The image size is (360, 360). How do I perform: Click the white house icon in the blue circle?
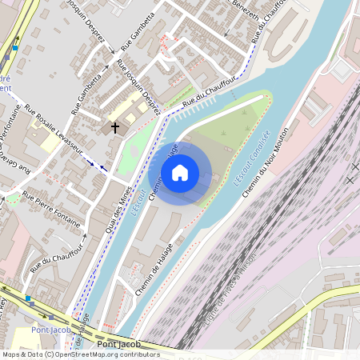tap(180, 173)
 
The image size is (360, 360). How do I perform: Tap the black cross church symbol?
tap(115, 127)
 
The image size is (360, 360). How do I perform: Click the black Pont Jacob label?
tap(118, 345)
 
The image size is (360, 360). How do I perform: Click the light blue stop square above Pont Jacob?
tap(28, 298)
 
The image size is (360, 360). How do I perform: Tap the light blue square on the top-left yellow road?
tap(14, 48)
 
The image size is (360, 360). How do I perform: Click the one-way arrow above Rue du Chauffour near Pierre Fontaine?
tap(82, 237)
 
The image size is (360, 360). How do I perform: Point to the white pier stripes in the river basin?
tap(196, 108)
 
